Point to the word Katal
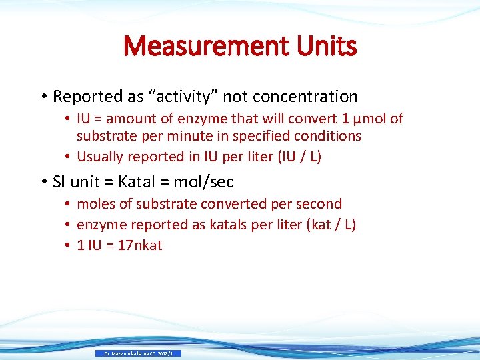point(141,181)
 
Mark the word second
point(318,204)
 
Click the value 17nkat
point(140,245)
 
